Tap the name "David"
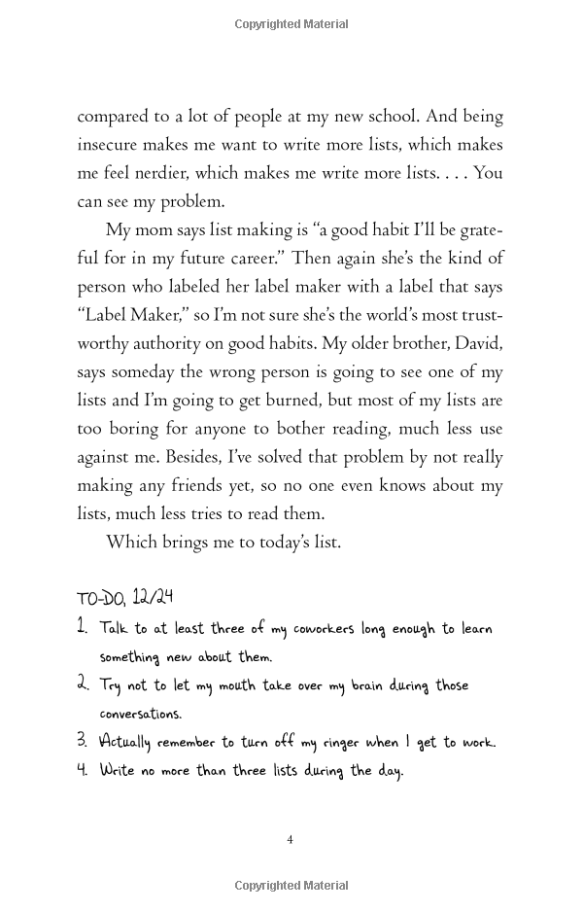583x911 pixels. (478, 343)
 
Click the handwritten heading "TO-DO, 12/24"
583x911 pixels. (124, 597)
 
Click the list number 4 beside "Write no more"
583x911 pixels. (83, 770)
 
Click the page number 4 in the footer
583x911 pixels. (291, 840)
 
